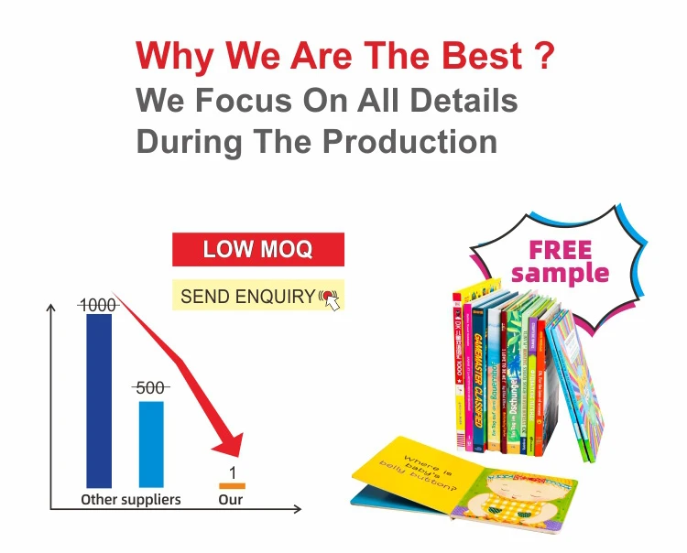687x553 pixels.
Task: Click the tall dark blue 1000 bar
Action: (99, 400)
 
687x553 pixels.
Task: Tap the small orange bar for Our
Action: (232, 485)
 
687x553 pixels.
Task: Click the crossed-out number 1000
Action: (98, 305)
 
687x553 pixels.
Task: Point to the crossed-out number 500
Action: (150, 387)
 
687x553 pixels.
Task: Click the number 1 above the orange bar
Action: (233, 472)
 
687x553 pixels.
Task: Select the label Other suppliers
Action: (131, 500)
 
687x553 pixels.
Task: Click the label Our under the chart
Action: (231, 500)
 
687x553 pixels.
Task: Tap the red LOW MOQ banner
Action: (257, 249)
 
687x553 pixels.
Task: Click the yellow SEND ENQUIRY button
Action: (247, 296)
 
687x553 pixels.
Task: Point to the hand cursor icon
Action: (330, 298)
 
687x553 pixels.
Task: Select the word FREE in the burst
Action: (561, 249)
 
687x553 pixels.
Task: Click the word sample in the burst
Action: (561, 273)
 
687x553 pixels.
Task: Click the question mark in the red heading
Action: (543, 57)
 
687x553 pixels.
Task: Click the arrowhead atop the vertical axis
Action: (50, 309)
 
